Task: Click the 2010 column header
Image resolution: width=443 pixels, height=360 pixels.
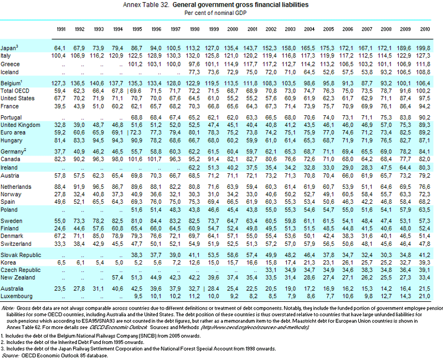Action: click(x=425, y=29)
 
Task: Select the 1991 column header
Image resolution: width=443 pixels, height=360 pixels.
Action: click(x=61, y=29)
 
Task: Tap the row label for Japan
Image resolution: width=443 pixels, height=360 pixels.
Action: click(x=9, y=48)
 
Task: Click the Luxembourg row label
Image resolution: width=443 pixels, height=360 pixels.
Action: click(x=17, y=296)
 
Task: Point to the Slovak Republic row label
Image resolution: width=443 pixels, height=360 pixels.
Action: click(x=20, y=255)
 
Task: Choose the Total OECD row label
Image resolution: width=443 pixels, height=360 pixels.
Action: click(x=15, y=91)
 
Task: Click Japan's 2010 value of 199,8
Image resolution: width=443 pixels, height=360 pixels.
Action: click(x=423, y=48)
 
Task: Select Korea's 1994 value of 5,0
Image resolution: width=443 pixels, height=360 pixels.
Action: click(x=119, y=263)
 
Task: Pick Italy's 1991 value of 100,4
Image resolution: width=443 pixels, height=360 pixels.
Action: click(x=59, y=56)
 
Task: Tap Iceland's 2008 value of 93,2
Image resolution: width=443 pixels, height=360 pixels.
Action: click(x=386, y=72)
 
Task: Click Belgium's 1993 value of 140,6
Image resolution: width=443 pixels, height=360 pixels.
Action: click(x=97, y=83)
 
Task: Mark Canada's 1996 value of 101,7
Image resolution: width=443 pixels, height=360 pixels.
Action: click(x=154, y=159)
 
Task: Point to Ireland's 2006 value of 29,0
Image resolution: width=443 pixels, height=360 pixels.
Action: click(x=348, y=168)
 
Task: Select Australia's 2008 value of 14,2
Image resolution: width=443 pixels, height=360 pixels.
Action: click(x=386, y=289)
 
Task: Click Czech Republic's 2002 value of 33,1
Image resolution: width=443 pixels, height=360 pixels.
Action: click(x=271, y=270)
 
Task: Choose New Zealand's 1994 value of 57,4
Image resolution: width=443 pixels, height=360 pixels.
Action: click(x=117, y=277)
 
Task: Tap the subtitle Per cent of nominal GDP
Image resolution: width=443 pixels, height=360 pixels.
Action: click(x=215, y=13)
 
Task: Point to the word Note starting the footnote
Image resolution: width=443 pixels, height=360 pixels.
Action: click(x=8, y=308)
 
